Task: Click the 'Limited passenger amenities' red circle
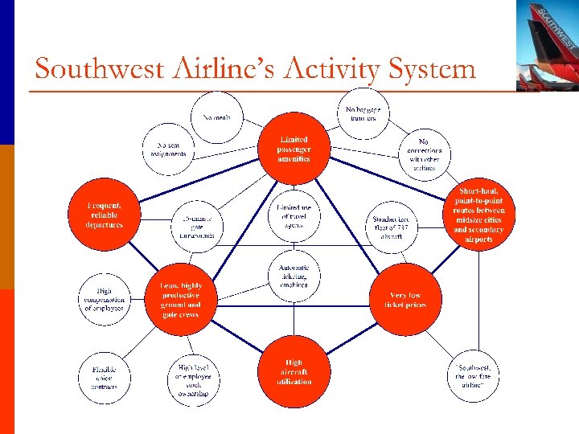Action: [x=294, y=149]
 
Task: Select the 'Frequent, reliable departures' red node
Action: [x=105, y=215]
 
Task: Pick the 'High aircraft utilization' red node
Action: [x=294, y=371]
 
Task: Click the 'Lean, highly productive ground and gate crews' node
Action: [x=181, y=300]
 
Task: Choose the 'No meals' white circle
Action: [x=216, y=117]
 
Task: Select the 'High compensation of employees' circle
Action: [x=105, y=299]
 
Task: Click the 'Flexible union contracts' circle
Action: [x=105, y=377]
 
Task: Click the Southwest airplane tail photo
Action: [x=548, y=44]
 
